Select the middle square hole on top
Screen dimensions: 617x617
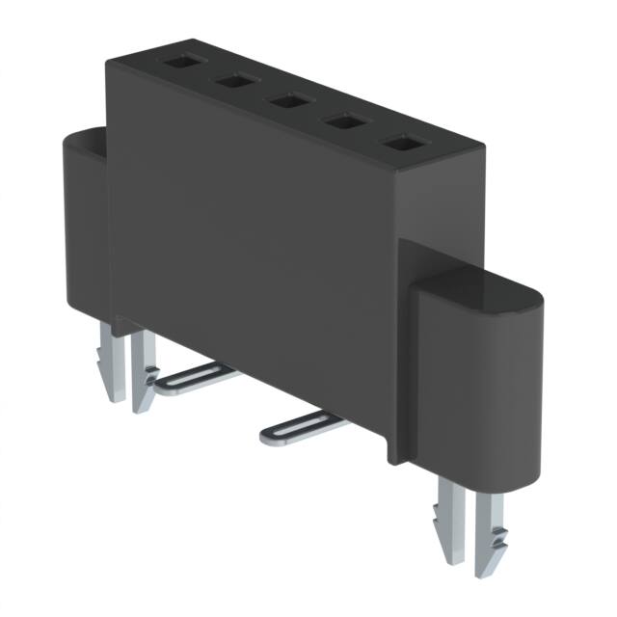287,100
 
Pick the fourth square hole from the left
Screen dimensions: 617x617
341,122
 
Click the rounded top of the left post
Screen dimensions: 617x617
85,141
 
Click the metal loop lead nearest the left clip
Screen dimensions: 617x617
193,381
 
